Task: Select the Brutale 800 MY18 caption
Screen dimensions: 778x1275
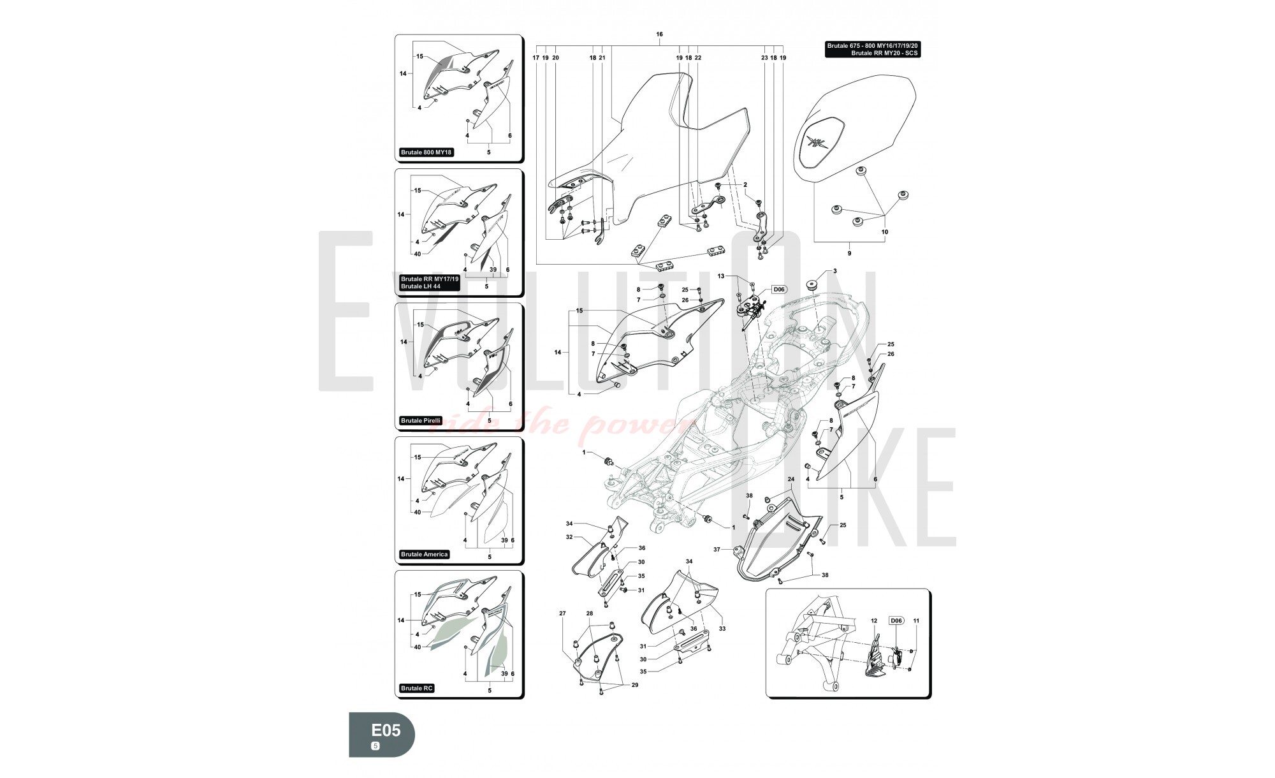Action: [426, 152]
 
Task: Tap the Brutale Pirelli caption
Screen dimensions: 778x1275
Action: [421, 420]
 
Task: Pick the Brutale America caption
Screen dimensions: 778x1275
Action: [424, 554]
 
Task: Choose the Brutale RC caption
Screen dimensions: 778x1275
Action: [417, 688]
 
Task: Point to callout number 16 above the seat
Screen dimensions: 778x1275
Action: [659, 34]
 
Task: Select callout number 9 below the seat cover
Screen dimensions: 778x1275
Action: [849, 253]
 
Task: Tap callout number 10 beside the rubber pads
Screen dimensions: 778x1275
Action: [884, 232]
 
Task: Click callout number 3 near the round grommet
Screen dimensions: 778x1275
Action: [834, 271]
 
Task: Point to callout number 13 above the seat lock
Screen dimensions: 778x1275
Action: [721, 276]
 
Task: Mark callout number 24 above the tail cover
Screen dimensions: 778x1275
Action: [791, 479]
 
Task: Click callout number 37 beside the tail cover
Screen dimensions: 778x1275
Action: [717, 549]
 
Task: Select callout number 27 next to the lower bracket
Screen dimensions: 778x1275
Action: [562, 613]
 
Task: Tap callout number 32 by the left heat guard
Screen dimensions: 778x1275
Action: [569, 537]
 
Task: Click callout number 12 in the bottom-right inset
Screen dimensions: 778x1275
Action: [875, 620]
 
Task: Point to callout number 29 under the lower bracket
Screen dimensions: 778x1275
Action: [634, 685]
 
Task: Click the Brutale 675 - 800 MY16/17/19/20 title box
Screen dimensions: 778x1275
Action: [872, 49]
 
